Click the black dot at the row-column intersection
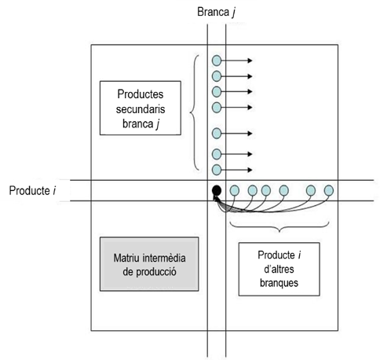click(216, 190)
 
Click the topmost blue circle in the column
click(217, 60)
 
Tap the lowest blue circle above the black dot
click(217, 169)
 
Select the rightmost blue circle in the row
click(329, 190)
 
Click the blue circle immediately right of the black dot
click(234, 190)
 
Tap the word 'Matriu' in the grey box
click(126, 259)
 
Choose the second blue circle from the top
click(217, 75)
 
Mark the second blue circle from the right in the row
click(311, 190)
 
